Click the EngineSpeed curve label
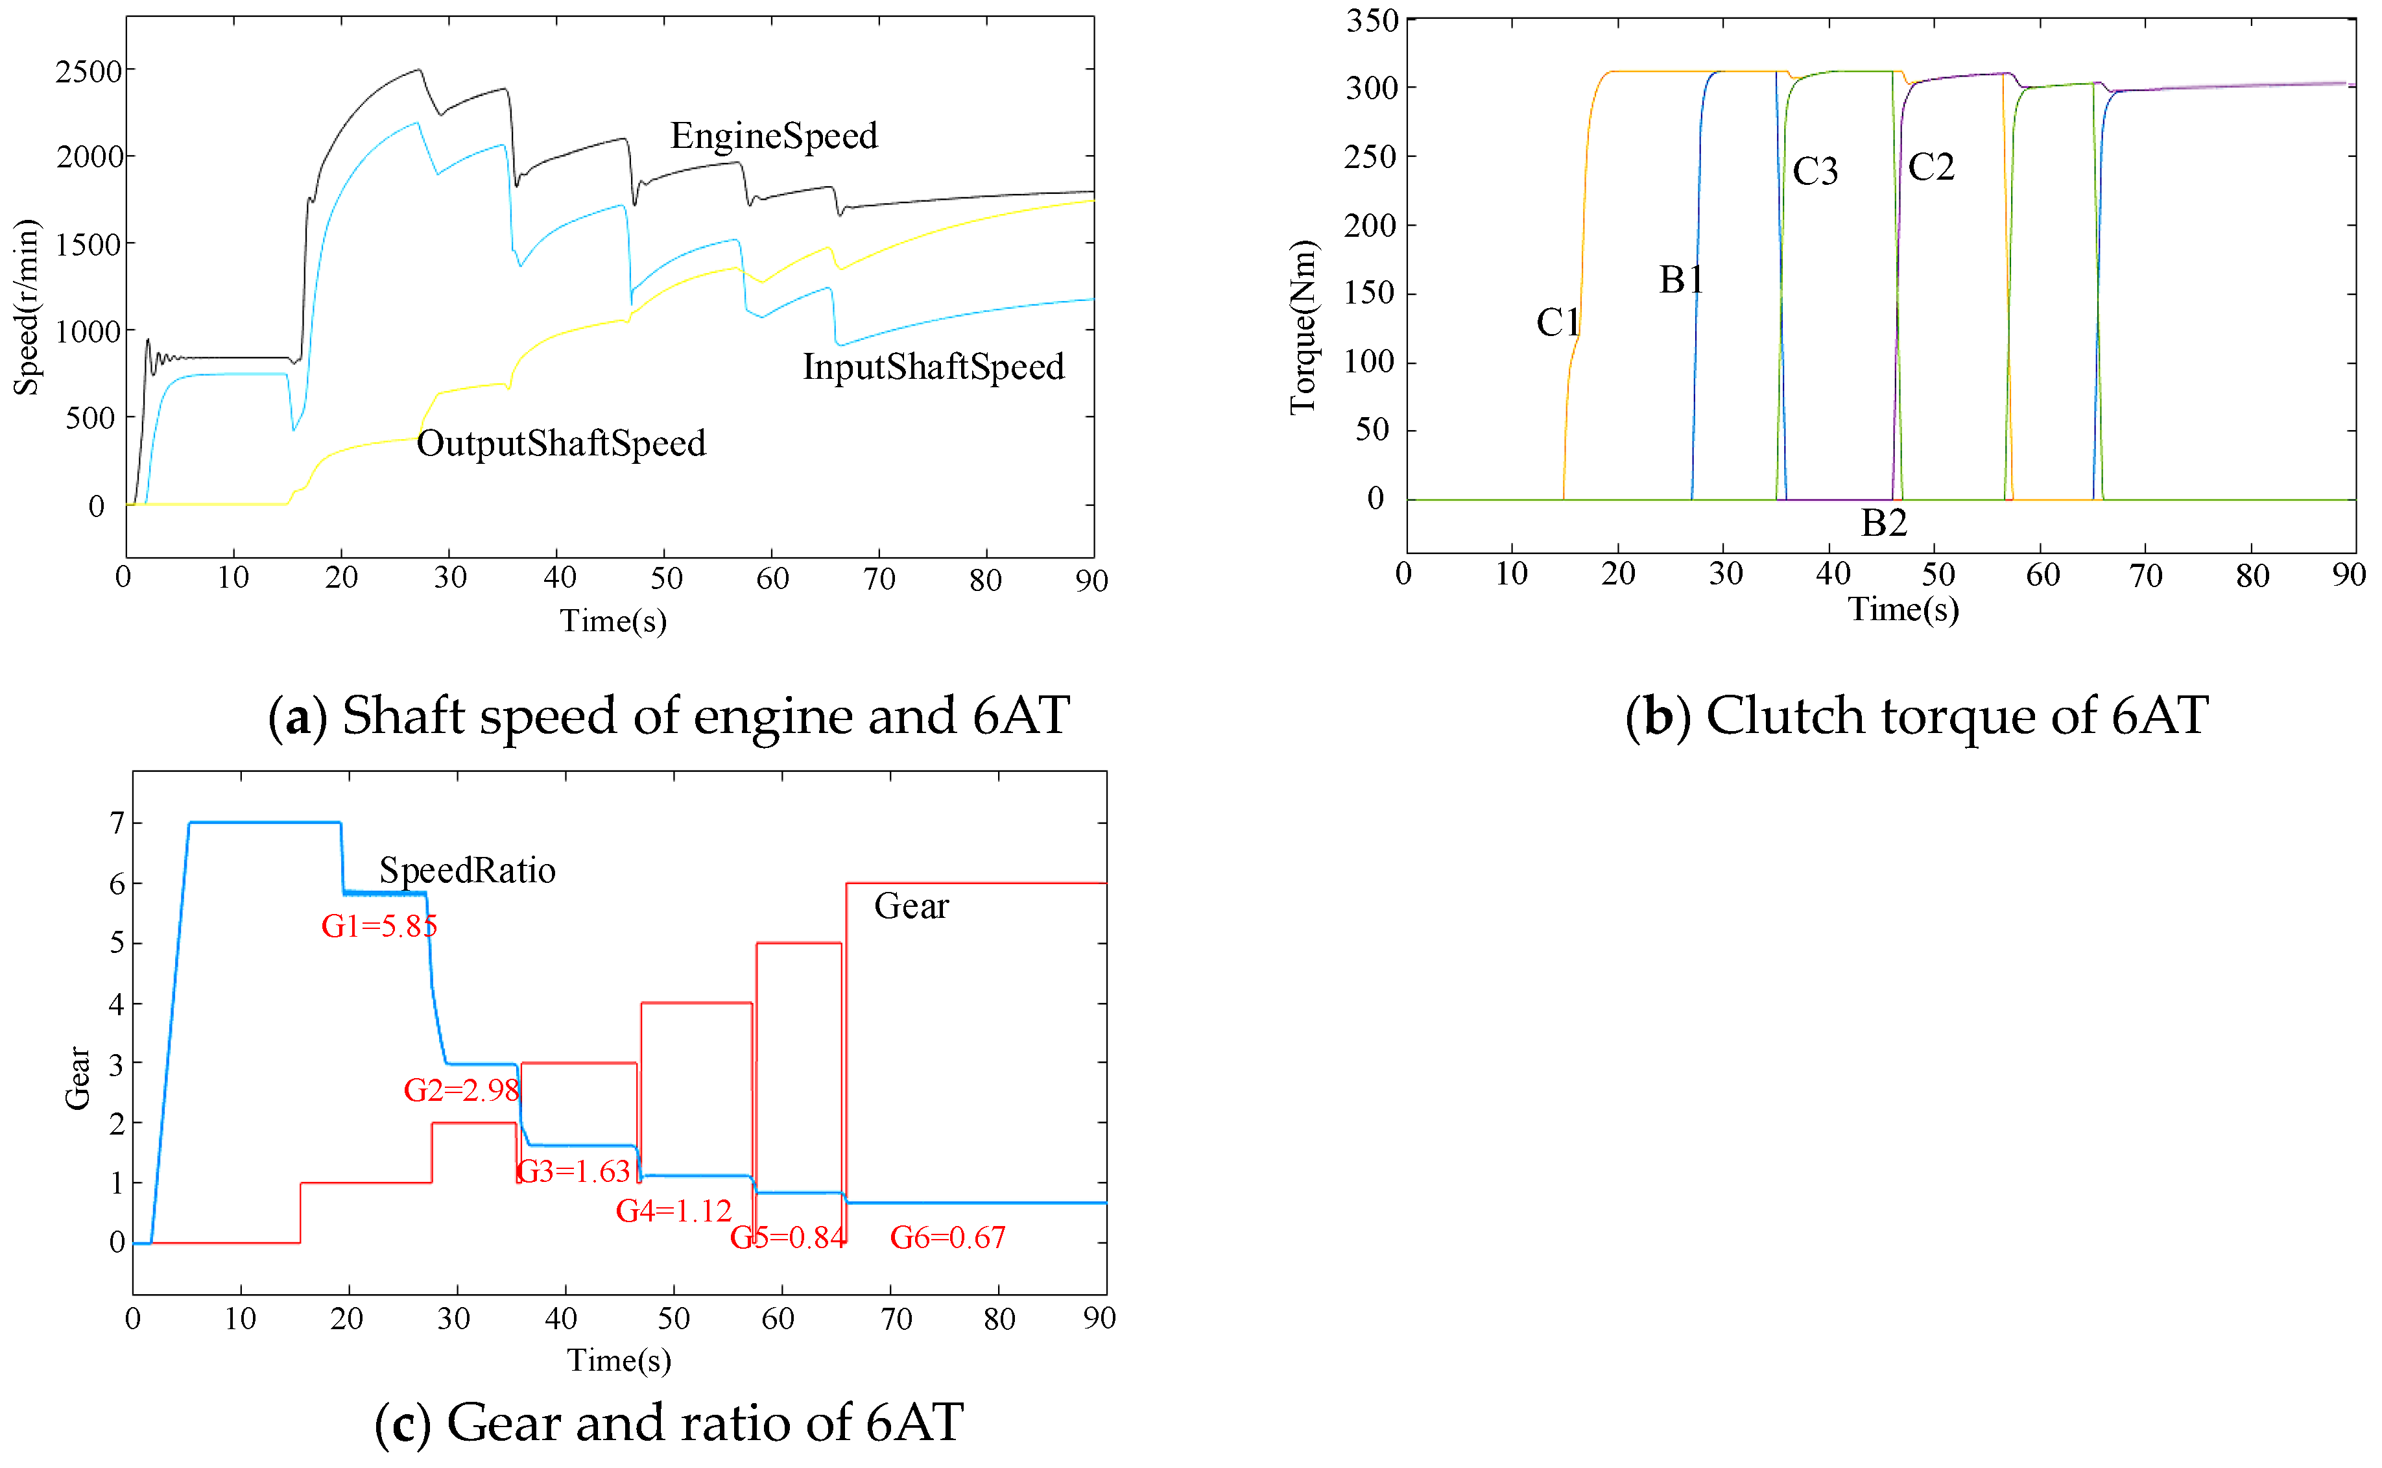pyautogui.click(x=774, y=136)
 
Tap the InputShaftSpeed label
pyautogui.click(x=933, y=367)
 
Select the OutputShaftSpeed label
pyautogui.click(x=561, y=444)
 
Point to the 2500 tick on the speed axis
pyautogui.click(x=88, y=72)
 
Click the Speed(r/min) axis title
pyautogui.click(x=26, y=307)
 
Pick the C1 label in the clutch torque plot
pyautogui.click(x=1557, y=322)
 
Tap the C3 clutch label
pyautogui.click(x=1814, y=173)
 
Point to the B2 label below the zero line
pyautogui.click(x=1883, y=524)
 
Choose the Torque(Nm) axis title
pyautogui.click(x=1303, y=327)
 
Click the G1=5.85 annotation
pyautogui.click(x=379, y=926)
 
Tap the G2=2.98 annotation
pyautogui.click(x=461, y=1090)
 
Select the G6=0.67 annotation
pyautogui.click(x=947, y=1238)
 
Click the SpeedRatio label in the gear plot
pyautogui.click(x=467, y=871)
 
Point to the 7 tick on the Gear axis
pyautogui.click(x=117, y=823)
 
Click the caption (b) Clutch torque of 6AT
pyautogui.click(x=1916, y=717)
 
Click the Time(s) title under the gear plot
pyautogui.click(x=618, y=1360)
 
